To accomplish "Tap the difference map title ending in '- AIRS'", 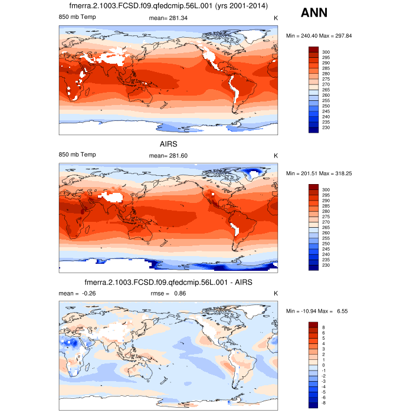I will pos(169,283).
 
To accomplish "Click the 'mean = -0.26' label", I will pos(73,293).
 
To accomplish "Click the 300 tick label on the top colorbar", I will pos(326,52).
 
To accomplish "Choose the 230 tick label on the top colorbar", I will pos(326,128).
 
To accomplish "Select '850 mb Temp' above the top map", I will pos(77,18).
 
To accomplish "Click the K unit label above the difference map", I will pos(276,293).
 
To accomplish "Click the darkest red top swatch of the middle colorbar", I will pos(314,187).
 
